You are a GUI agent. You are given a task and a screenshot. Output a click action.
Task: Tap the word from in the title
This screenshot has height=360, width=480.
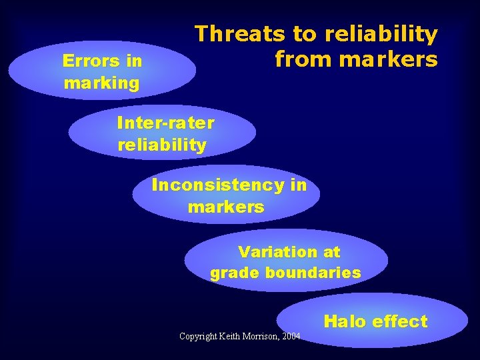pyautogui.click(x=303, y=60)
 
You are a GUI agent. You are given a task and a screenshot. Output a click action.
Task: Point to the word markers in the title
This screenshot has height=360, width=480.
pyautogui.click(x=388, y=60)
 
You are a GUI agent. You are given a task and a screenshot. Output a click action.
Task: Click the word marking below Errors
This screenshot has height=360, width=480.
pyautogui.click(x=102, y=83)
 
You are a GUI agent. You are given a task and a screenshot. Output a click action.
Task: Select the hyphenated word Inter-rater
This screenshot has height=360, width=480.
pyautogui.click(x=165, y=123)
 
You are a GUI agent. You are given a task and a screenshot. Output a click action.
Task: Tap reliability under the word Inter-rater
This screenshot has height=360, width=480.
pyautogui.click(x=162, y=145)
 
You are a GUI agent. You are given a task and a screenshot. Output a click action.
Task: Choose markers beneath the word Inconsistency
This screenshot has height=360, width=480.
pyautogui.click(x=226, y=207)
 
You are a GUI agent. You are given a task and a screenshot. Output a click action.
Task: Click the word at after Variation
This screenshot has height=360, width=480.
pyautogui.click(x=331, y=252)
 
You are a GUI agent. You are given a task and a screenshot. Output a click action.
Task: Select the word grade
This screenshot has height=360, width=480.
pyautogui.click(x=235, y=273)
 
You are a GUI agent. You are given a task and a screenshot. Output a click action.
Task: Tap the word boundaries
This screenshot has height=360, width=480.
pyautogui.click(x=313, y=273)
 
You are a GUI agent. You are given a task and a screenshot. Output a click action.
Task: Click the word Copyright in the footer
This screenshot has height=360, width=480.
pyautogui.click(x=199, y=336)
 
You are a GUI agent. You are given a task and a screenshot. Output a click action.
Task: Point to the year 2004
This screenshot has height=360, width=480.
pyautogui.click(x=291, y=336)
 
